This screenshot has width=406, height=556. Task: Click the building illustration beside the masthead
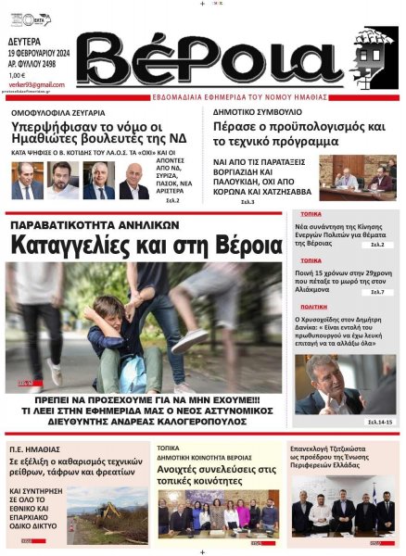tap(373, 57)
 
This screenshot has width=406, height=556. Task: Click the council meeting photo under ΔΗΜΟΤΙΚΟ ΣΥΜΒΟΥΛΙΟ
tap(357, 177)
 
